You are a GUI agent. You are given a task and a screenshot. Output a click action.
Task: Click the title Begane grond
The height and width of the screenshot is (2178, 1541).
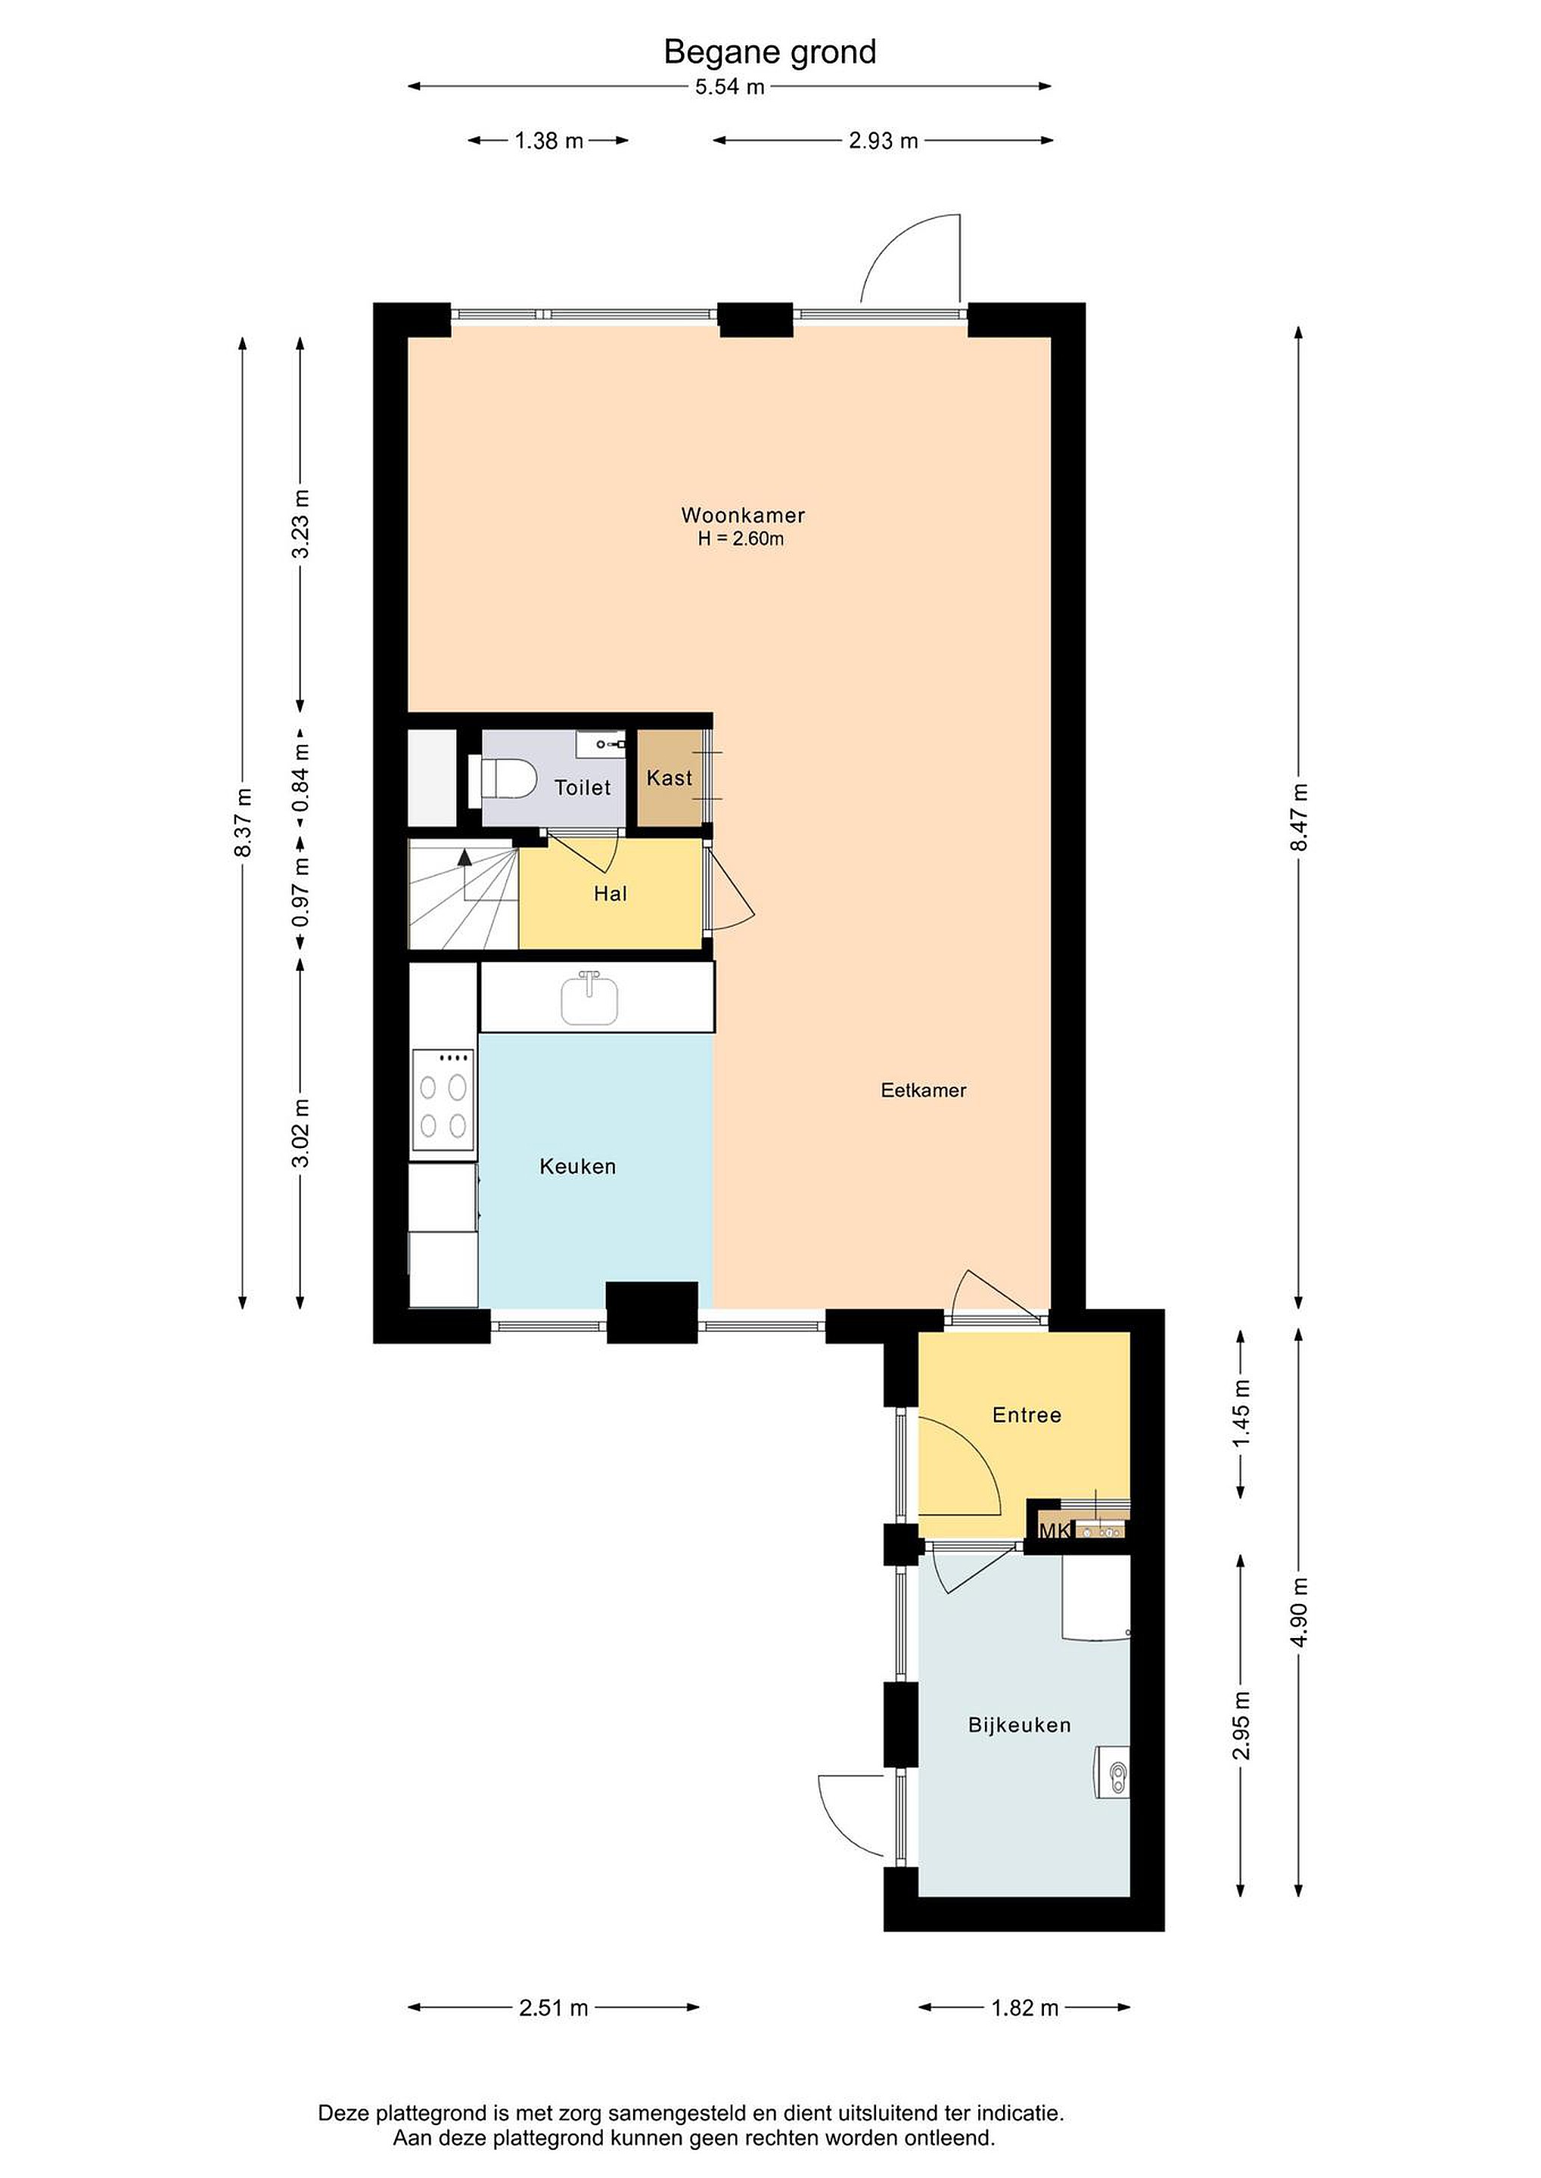(769, 52)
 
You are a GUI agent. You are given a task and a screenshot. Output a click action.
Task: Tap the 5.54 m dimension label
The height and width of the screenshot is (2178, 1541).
(729, 87)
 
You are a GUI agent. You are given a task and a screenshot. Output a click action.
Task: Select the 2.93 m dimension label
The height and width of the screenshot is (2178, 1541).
(883, 141)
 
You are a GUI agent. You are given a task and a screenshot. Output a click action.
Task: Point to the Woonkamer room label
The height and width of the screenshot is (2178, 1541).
(743, 515)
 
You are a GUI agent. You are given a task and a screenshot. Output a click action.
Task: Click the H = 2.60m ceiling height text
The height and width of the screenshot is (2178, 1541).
(741, 540)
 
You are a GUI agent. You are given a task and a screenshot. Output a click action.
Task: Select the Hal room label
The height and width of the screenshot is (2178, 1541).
(610, 894)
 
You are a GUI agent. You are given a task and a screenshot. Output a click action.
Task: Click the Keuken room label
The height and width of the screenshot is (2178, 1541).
(578, 1167)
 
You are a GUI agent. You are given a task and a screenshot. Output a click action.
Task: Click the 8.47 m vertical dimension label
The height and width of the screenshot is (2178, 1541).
(1299, 817)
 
